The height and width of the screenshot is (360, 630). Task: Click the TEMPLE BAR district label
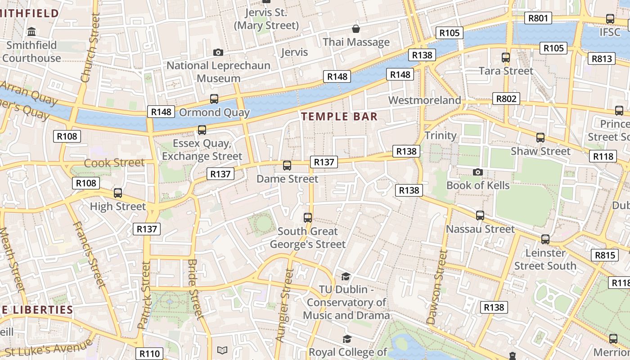pyautogui.click(x=339, y=117)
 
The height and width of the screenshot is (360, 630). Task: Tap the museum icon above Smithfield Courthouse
pyautogui.click(x=31, y=32)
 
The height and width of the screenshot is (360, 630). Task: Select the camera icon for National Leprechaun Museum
pyautogui.click(x=218, y=52)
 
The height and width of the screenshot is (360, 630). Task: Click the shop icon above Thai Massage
pyautogui.click(x=356, y=29)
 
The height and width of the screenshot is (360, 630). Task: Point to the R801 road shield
pyautogui.click(x=538, y=18)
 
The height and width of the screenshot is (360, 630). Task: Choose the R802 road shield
pyautogui.click(x=506, y=99)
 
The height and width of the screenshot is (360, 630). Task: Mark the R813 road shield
pyautogui.click(x=602, y=58)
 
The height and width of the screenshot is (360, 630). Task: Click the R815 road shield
pyautogui.click(x=604, y=256)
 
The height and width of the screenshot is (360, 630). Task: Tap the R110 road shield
pyautogui.click(x=149, y=354)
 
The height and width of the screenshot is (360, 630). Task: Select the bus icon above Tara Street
pyautogui.click(x=506, y=58)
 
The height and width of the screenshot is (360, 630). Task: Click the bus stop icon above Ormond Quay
pyautogui.click(x=214, y=99)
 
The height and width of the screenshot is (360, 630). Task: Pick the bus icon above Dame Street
pyautogui.click(x=287, y=166)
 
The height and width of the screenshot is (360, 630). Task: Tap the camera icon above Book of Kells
pyautogui.click(x=478, y=172)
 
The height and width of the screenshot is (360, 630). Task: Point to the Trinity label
pyautogui.click(x=440, y=135)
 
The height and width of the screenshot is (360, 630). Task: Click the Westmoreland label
pyautogui.click(x=424, y=100)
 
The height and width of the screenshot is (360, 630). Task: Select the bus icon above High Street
pyautogui.click(x=118, y=193)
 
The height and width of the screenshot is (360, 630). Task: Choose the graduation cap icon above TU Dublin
pyautogui.click(x=346, y=276)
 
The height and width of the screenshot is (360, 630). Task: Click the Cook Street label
pyautogui.click(x=114, y=162)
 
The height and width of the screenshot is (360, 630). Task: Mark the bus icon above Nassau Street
pyautogui.click(x=480, y=216)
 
